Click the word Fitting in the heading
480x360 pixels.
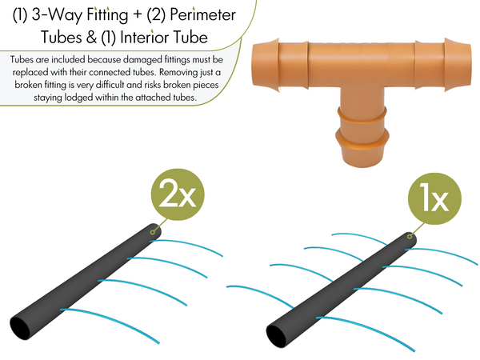tap(106, 14)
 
